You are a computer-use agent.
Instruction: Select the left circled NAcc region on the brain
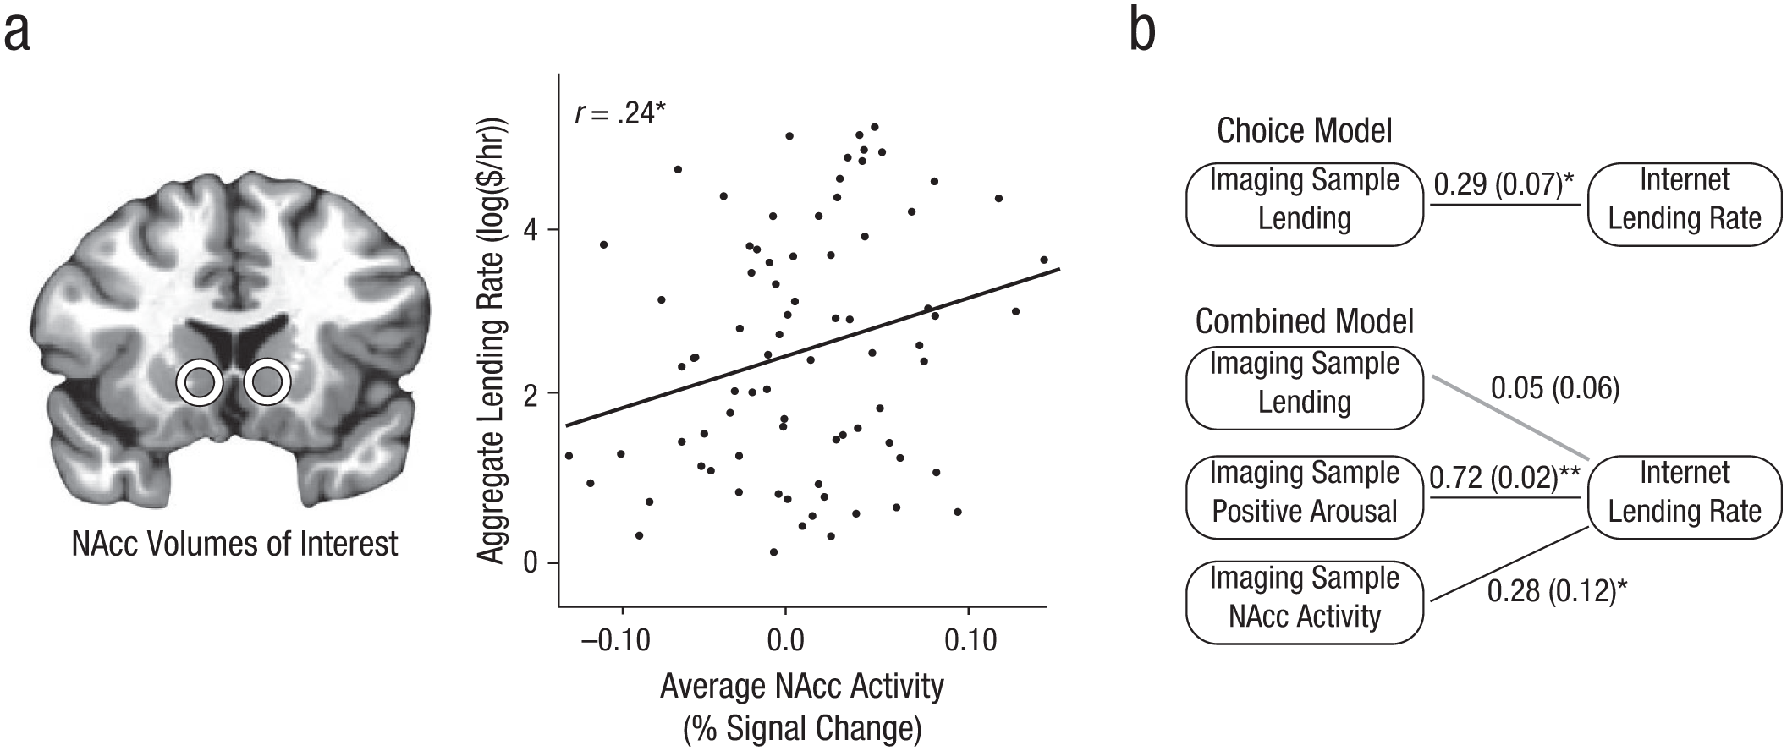200,383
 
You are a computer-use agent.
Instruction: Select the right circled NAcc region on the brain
267,383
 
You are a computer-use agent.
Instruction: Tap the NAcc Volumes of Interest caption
234,544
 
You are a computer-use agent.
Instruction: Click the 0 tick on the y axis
531,562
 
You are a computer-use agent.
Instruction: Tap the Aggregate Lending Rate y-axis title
492,338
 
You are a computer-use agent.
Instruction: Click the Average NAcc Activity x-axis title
801,686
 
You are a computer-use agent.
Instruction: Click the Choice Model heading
1304,131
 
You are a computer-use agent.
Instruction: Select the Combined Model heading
1305,321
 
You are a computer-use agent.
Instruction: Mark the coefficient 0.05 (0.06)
1555,388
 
